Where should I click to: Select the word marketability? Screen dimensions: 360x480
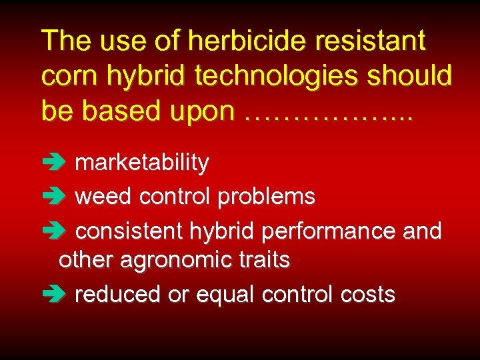[x=142, y=163]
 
